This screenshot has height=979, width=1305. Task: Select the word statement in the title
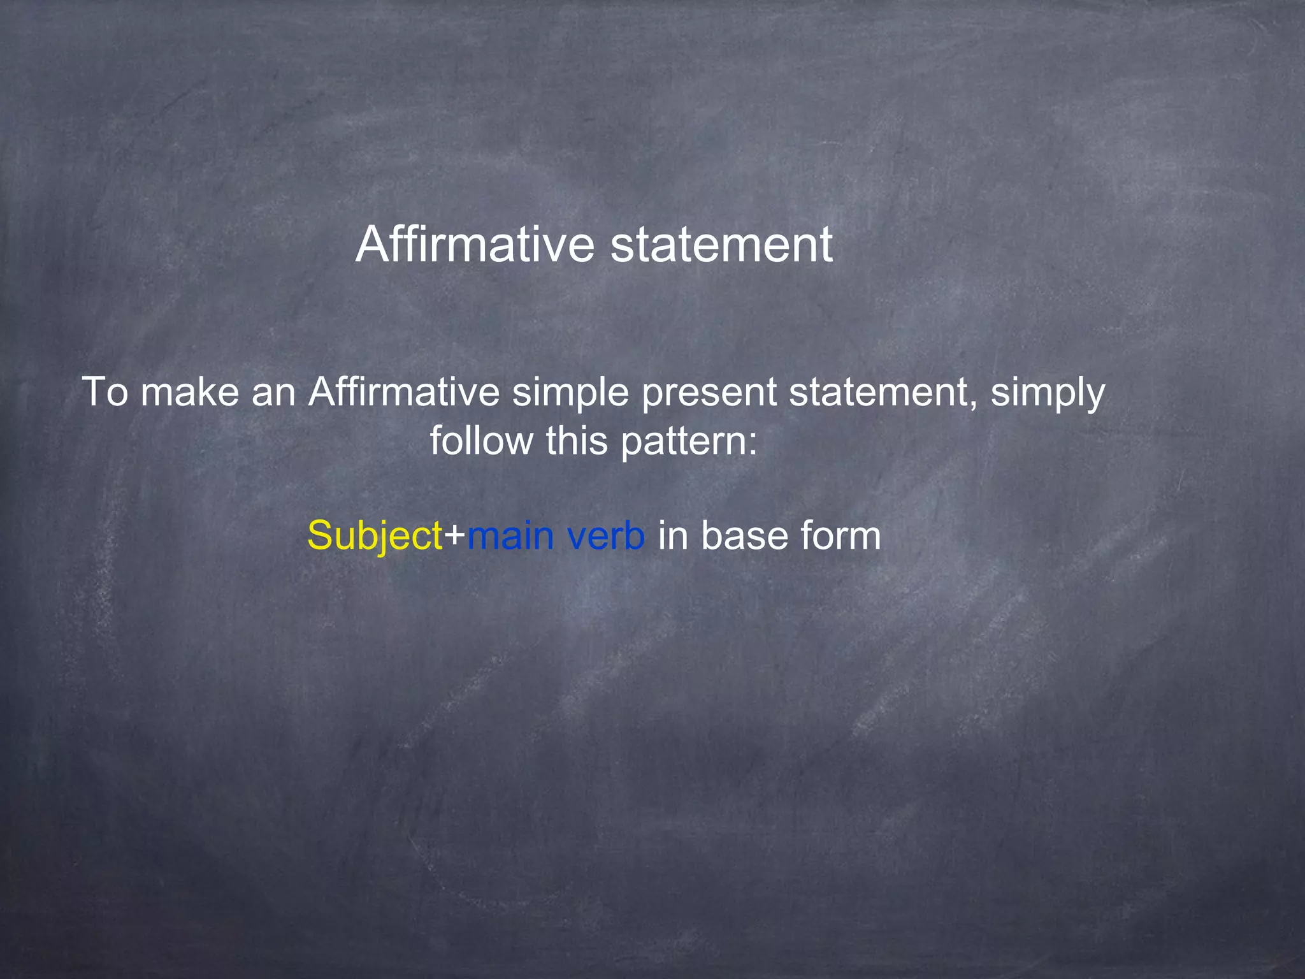pos(721,245)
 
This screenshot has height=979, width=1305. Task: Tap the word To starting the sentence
pos(105,391)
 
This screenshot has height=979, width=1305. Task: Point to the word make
pos(189,391)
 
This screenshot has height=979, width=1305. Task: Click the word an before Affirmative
pos(273,391)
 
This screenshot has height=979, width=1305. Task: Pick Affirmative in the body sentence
pos(404,391)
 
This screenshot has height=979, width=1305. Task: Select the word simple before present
pos(570,391)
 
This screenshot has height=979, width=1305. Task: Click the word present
pos(709,391)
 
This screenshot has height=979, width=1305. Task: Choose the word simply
pos(1047,391)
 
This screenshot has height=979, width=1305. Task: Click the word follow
pos(482,440)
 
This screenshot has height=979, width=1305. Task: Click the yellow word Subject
pos(375,535)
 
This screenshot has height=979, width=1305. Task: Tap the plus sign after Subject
pos(455,535)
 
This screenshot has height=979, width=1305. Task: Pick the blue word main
pos(510,535)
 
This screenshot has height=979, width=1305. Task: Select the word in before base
pos(672,535)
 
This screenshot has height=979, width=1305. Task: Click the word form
pos(841,535)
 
